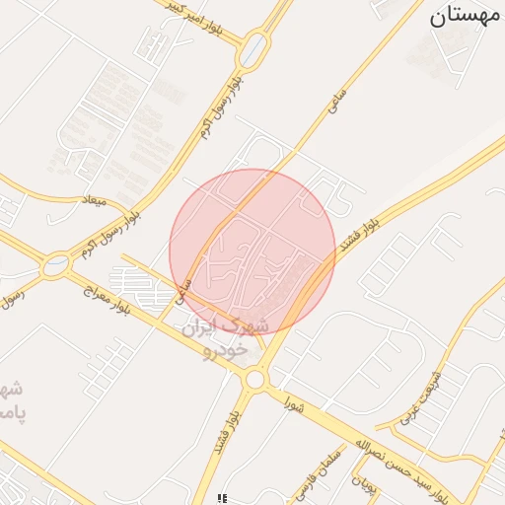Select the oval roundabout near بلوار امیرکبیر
tap(255, 46)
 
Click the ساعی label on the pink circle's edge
tap(181, 288)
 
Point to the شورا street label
tap(294, 404)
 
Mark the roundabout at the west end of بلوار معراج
tap(57, 263)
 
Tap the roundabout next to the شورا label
tap(255, 379)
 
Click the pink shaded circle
tap(252, 252)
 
